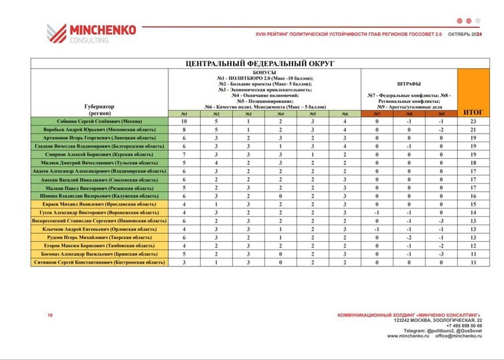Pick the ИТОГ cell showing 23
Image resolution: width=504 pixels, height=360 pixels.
pos(473,121)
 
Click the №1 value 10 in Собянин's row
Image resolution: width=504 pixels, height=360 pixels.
pos(184,121)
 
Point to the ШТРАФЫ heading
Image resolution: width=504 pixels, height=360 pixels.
pos(409,84)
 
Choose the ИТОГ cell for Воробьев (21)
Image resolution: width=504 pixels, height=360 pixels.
pos(473,129)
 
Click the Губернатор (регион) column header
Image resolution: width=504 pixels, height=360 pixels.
pos(99,110)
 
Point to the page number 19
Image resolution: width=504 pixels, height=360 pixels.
pos(49,315)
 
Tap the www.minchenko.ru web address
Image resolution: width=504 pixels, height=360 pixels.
pos(409,336)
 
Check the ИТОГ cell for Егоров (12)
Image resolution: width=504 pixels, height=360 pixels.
pos(473,246)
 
